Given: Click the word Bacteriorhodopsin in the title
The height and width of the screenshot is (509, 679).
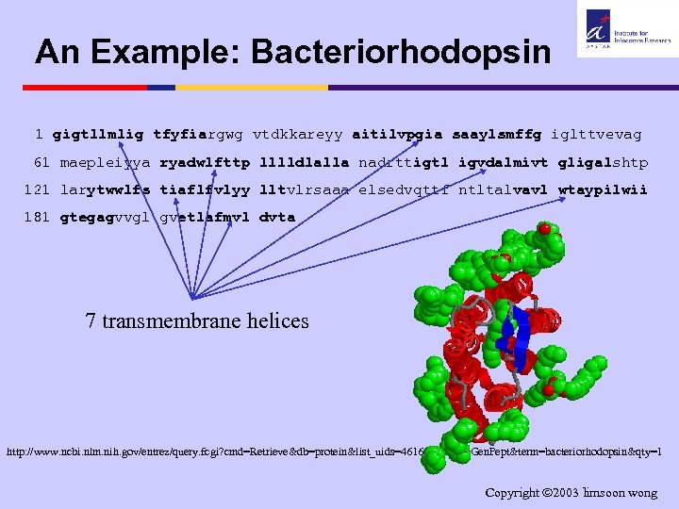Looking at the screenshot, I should [401, 52].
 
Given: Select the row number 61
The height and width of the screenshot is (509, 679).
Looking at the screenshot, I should [42, 162].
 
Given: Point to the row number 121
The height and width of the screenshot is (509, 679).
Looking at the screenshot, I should [38, 189].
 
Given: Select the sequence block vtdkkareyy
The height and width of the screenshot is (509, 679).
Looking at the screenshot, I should [297, 135].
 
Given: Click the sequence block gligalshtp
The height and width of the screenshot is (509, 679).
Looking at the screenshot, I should [604, 162].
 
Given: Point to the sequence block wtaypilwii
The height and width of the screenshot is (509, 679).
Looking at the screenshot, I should [604, 189].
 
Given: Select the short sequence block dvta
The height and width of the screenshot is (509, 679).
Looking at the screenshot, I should [276, 217].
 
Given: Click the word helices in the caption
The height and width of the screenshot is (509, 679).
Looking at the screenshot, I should [274, 320].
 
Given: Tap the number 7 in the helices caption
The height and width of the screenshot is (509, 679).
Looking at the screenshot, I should [91, 320].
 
